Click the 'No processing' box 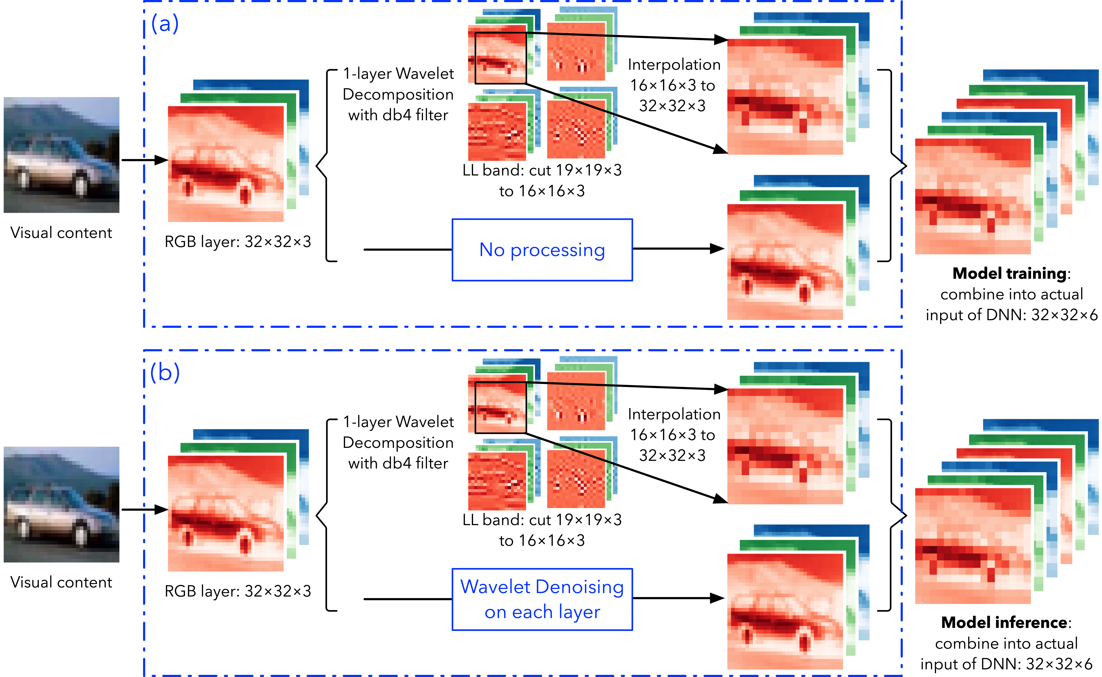(x=542, y=250)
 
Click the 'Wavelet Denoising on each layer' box (x=542, y=599)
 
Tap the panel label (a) (x=165, y=23)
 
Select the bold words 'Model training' (x=1009, y=273)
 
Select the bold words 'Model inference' (x=1004, y=622)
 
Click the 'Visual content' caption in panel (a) (x=61, y=233)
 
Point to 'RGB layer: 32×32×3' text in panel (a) (x=238, y=242)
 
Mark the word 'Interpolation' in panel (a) (x=674, y=65)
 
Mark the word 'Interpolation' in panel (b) (x=674, y=414)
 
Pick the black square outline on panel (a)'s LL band (x=475, y=58)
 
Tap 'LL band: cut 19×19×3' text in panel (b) (x=542, y=520)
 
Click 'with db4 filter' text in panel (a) (x=398, y=115)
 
